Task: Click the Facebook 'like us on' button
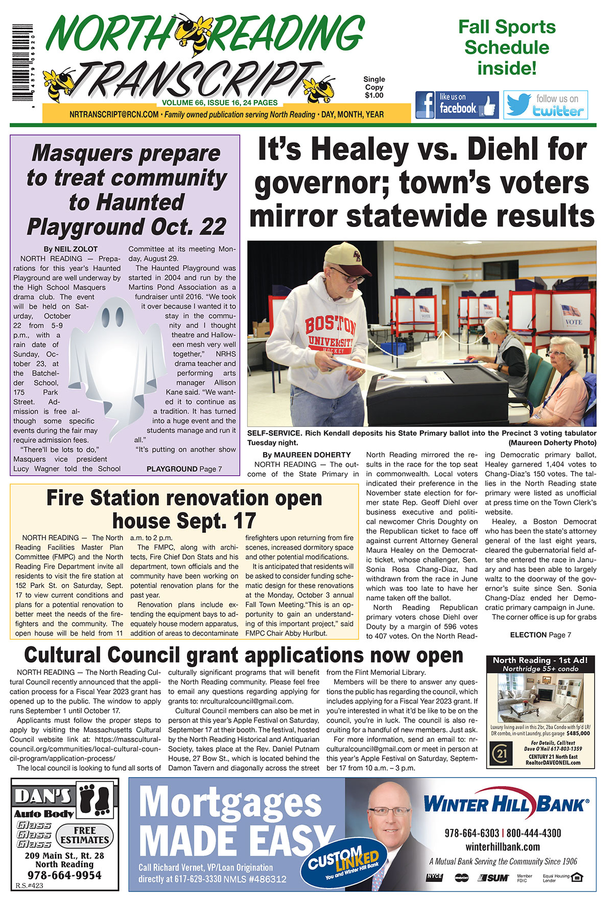click(x=457, y=105)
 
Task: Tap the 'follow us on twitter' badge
click(x=546, y=105)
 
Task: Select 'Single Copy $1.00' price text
click(x=374, y=87)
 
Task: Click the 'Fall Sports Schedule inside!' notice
click(x=506, y=47)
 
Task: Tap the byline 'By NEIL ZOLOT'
click(x=70, y=249)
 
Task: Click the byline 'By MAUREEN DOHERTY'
click(x=306, y=455)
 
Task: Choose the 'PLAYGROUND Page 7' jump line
click(x=184, y=469)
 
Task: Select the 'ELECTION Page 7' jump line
click(x=540, y=635)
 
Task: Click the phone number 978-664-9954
click(x=64, y=875)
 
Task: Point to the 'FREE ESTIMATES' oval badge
click(x=84, y=835)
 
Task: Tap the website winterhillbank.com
click(x=503, y=847)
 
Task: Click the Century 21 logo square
click(x=500, y=754)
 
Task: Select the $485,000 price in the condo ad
click(x=578, y=733)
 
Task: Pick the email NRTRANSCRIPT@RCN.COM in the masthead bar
click(x=114, y=115)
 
